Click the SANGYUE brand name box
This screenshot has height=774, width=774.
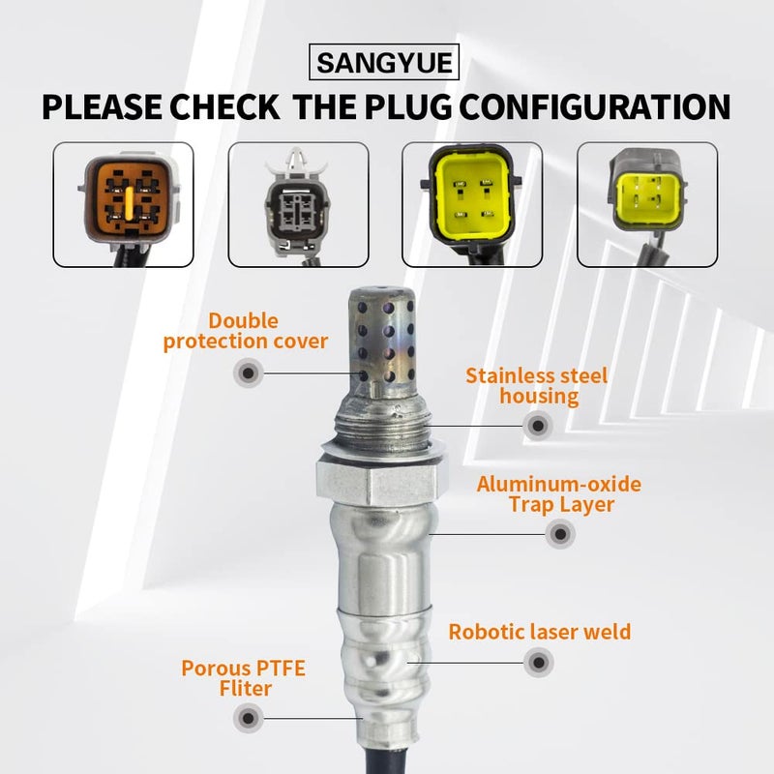coord(387,65)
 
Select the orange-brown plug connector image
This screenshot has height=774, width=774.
coord(123,204)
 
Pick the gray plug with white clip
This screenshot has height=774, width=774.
coord(297,204)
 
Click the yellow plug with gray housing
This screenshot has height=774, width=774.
coord(647,204)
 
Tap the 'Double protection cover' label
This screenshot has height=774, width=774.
coord(246,330)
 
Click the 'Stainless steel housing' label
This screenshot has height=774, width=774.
coord(536,385)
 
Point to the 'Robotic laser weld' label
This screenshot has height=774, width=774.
coord(539,632)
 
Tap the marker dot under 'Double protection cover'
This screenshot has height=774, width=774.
coord(249,372)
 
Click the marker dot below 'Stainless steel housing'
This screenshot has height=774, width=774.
coord(537,424)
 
